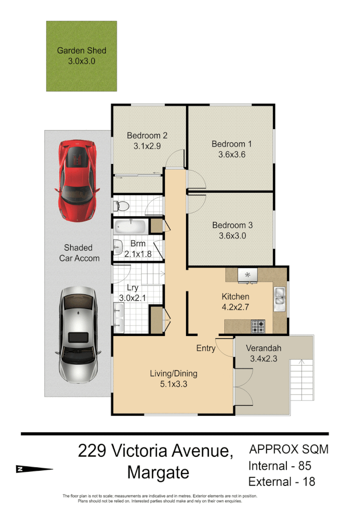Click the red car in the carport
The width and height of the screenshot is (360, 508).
pyautogui.click(x=77, y=181)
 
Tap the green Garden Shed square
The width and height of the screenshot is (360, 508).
pyautogui.click(x=81, y=56)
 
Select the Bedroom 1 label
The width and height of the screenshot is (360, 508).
pyautogui.click(x=231, y=144)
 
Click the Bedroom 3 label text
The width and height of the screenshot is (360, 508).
pyautogui.click(x=232, y=225)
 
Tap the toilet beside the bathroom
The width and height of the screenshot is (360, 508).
pyautogui.click(x=121, y=206)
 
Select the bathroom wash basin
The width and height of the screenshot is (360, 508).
pyautogui.click(x=118, y=247)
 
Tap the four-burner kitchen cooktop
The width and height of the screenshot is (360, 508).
pyautogui.click(x=259, y=326)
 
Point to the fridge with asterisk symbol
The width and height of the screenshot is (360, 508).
pyautogui.click(x=248, y=275)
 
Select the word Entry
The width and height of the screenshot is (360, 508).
pyautogui.click(x=206, y=348)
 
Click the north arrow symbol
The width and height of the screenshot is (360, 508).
pyautogui.click(x=34, y=469)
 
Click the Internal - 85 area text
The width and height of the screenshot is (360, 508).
pyautogui.click(x=280, y=465)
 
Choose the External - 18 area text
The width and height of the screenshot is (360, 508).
pyautogui.click(x=282, y=481)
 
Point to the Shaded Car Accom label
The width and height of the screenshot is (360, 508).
pyautogui.click(x=79, y=253)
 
